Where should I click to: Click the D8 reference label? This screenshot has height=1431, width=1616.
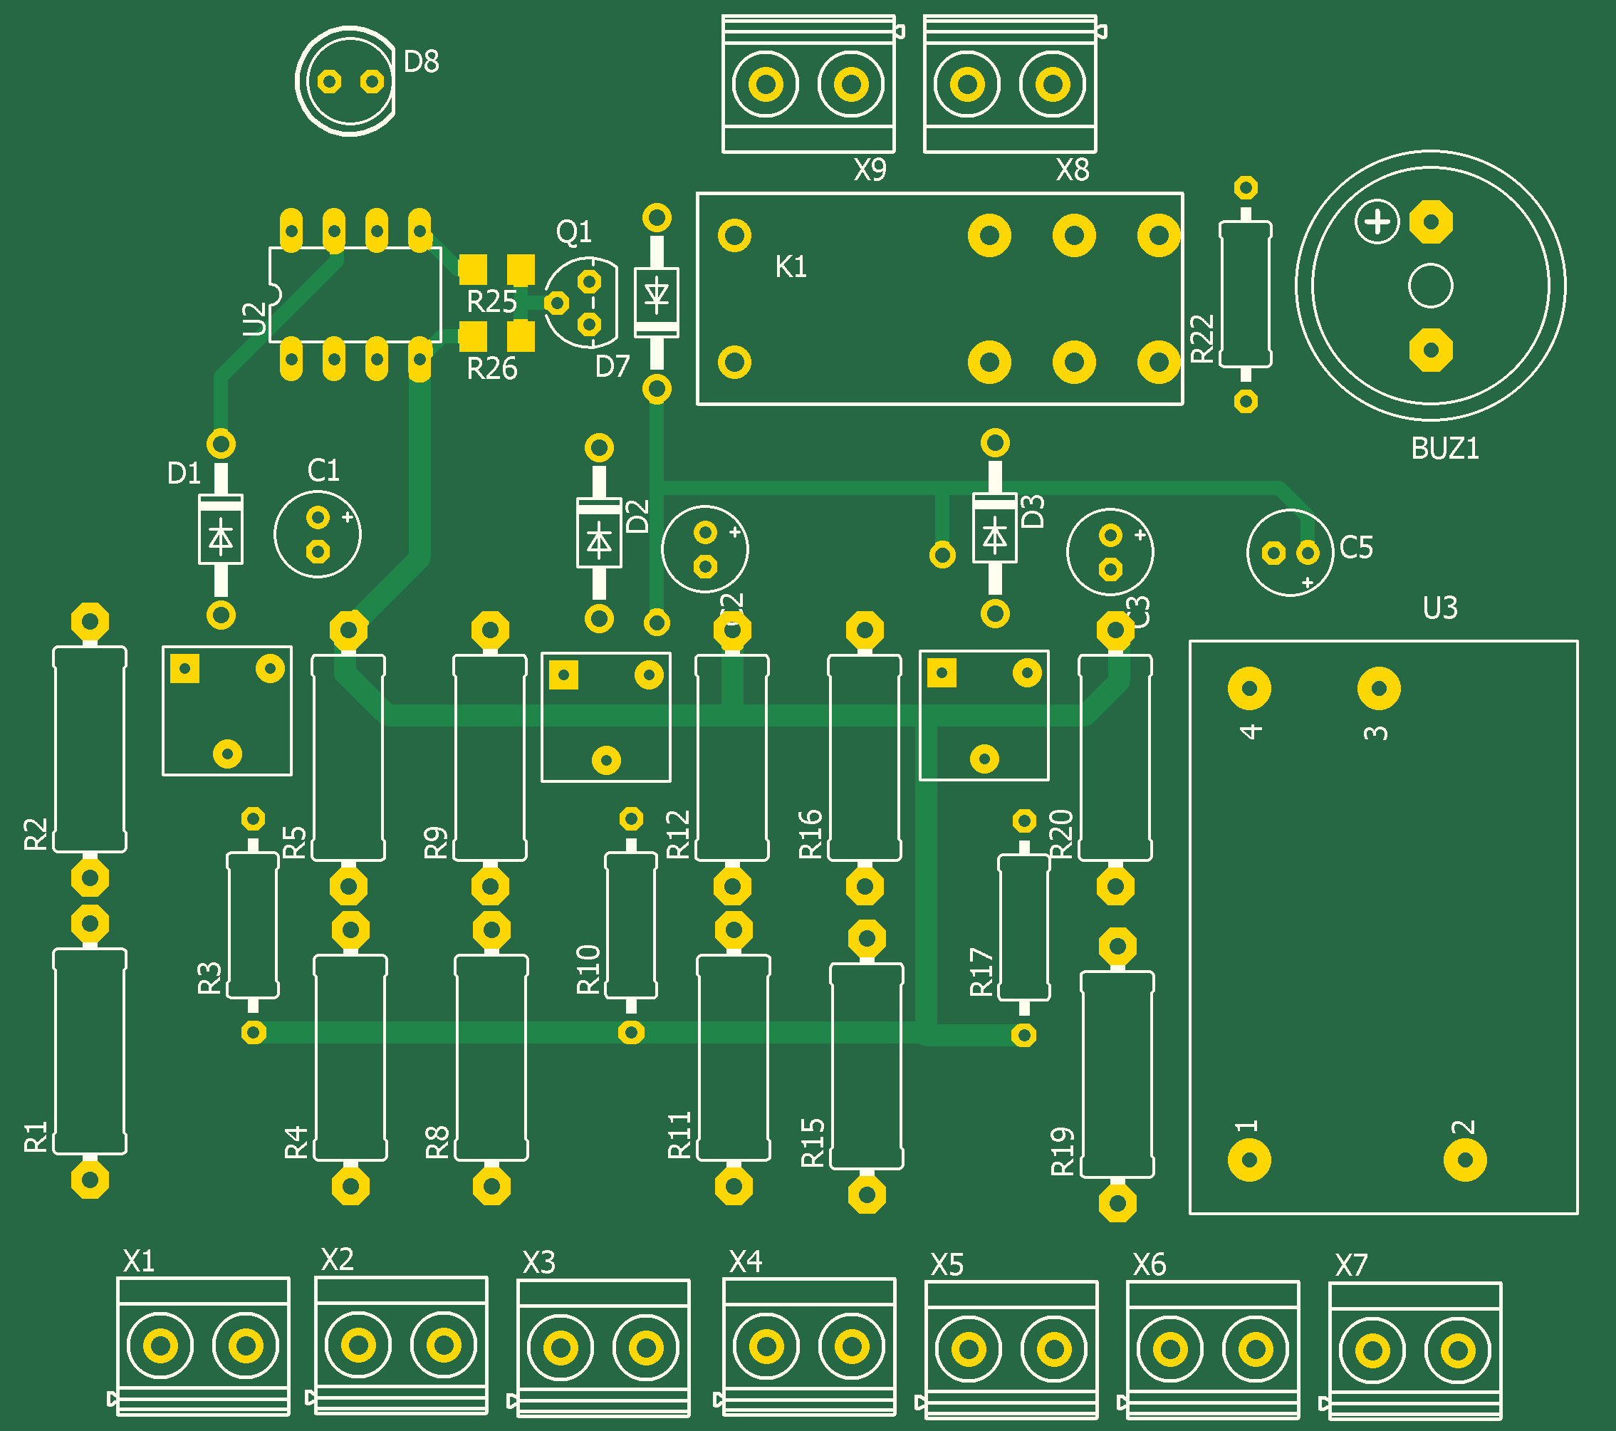click(421, 62)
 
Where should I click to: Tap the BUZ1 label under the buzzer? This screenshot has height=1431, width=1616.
click(1444, 449)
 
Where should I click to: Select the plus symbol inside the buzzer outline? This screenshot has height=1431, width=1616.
click(1377, 222)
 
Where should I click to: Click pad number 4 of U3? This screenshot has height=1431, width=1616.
click(1249, 688)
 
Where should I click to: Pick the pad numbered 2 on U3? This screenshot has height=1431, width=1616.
click(1465, 1160)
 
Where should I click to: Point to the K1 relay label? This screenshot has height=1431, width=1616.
click(791, 267)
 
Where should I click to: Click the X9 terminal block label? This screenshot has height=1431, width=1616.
click(870, 170)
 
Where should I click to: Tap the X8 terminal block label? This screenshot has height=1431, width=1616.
click(1072, 170)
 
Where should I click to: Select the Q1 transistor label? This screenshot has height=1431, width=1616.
click(574, 231)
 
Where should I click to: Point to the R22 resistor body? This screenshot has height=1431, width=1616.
click(1245, 294)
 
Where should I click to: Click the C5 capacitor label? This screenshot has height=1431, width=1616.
click(1356, 547)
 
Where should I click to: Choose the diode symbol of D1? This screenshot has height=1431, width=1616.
click(221, 538)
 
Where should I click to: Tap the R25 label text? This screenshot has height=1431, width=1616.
click(491, 302)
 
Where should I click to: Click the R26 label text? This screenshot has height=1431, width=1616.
click(491, 368)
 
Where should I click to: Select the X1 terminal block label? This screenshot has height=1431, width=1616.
click(138, 1261)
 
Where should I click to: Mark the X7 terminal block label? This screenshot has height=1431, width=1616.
click(1350, 1266)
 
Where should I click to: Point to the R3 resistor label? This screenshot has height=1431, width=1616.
click(209, 977)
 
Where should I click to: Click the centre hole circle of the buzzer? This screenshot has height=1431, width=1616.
click(1430, 286)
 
